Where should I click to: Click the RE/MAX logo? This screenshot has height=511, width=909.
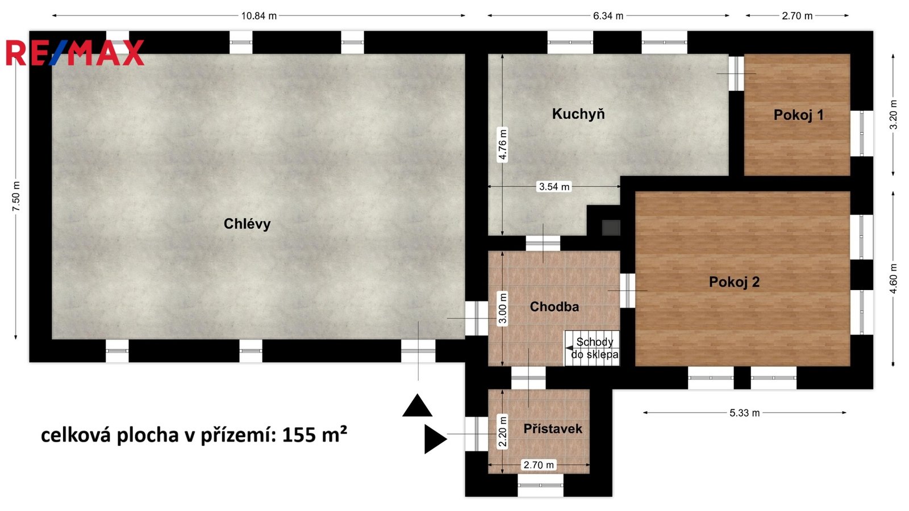click(x=74, y=53)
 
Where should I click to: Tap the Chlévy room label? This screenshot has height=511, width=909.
click(x=247, y=224)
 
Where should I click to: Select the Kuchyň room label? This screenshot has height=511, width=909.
click(x=578, y=114)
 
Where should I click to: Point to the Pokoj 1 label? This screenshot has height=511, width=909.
click(x=799, y=115)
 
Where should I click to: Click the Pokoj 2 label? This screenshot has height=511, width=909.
click(x=734, y=282)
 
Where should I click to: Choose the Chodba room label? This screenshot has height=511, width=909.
click(x=554, y=307)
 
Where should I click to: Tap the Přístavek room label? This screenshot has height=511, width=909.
click(x=553, y=429)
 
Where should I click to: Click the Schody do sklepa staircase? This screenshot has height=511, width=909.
click(x=592, y=348)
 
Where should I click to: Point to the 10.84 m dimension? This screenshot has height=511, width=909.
click(x=259, y=16)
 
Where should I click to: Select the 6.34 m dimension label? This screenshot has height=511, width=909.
click(x=608, y=16)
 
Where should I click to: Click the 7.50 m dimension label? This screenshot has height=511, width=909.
click(x=16, y=196)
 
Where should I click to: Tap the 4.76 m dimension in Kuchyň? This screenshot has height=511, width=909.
click(x=502, y=145)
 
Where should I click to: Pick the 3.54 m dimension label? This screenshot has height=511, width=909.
click(x=554, y=187)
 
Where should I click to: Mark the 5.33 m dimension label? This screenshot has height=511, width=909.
click(x=744, y=413)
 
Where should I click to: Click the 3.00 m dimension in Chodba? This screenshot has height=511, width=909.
click(x=502, y=309)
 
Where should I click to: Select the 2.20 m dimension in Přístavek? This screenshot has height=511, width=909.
click(x=502, y=432)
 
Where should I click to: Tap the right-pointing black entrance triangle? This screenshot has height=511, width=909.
click(x=435, y=439)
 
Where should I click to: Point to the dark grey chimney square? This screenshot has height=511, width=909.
click(x=611, y=228)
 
